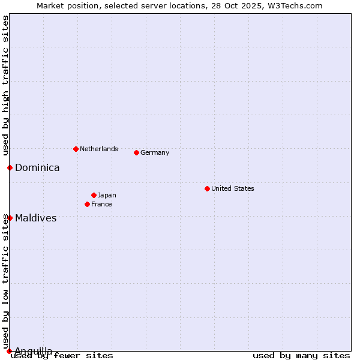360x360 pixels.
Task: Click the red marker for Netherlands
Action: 76,149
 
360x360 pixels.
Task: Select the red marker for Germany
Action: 136,152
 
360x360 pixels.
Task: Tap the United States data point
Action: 207,188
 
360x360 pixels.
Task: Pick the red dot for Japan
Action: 94,195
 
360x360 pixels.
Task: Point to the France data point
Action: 87,204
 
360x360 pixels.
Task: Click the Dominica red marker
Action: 10,167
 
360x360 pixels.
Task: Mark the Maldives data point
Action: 10,218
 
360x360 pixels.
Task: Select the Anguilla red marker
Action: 9,351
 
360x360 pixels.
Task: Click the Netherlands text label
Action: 98,149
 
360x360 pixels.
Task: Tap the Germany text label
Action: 155,152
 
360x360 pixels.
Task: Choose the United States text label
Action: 232,188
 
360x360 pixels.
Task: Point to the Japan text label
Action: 107,195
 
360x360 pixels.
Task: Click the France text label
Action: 101,204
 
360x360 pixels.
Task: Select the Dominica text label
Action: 37,167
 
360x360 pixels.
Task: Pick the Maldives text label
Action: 35,218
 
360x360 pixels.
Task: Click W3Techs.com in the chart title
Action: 296,5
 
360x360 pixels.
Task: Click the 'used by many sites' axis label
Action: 301,355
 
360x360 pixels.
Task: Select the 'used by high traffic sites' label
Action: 5,86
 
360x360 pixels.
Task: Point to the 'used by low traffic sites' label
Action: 5,281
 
